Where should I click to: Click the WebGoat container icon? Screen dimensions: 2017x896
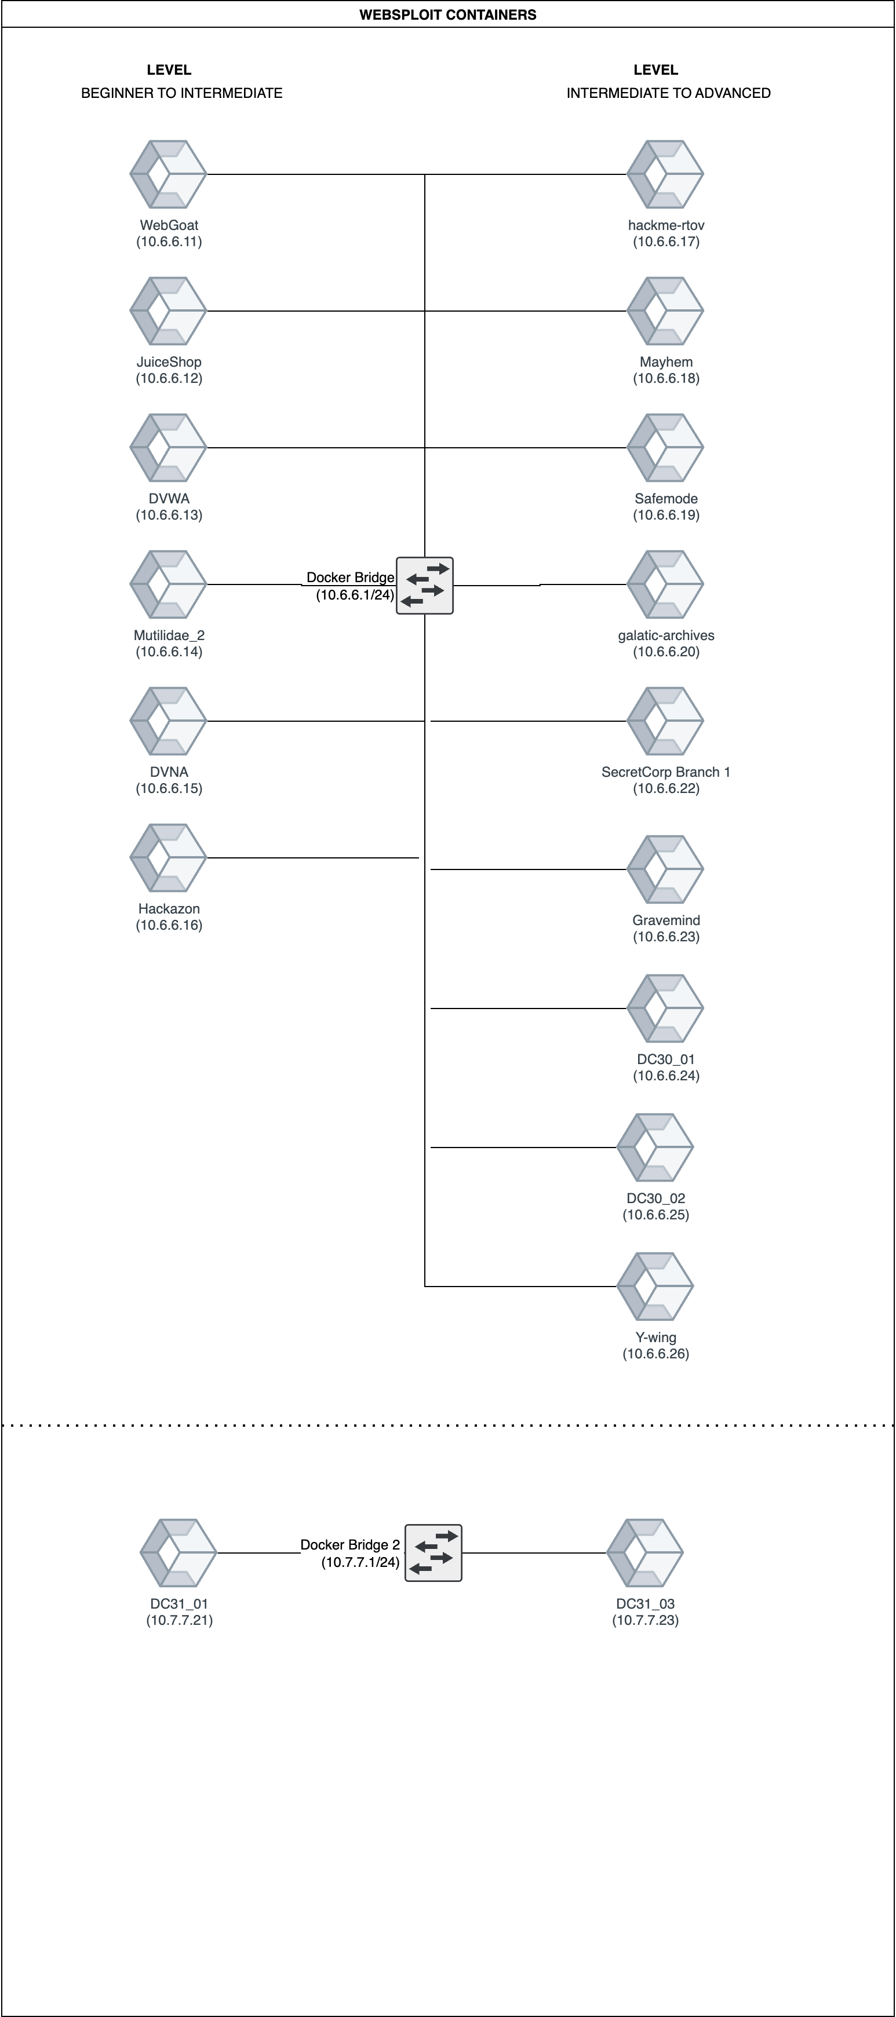[169, 174]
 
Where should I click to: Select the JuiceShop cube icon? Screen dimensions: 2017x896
[169, 311]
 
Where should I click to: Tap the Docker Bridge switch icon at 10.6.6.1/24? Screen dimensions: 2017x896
[424, 586]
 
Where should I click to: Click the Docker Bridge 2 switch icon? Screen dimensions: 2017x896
[433, 1552]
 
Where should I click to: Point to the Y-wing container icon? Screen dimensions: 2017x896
[655, 1287]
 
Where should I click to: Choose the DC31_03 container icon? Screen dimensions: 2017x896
[646, 1552]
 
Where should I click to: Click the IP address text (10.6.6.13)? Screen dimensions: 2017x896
[169, 515]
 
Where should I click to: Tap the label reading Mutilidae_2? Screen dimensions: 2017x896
[169, 635]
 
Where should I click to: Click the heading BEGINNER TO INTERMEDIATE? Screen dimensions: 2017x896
[182, 93]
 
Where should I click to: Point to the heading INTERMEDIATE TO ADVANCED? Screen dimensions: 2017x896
[668, 93]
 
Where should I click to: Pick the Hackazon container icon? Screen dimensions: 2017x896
[169, 858]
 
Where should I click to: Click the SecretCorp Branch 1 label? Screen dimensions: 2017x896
[666, 772]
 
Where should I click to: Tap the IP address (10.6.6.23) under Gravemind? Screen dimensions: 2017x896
[666, 937]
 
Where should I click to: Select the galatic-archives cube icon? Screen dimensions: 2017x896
[666, 584]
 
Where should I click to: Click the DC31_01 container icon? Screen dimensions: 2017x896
[179, 1552]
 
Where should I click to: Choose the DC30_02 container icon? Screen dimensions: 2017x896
[655, 1147]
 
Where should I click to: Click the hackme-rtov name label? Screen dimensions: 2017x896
[666, 225]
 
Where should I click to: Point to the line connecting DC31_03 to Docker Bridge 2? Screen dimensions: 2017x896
[534, 1552]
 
